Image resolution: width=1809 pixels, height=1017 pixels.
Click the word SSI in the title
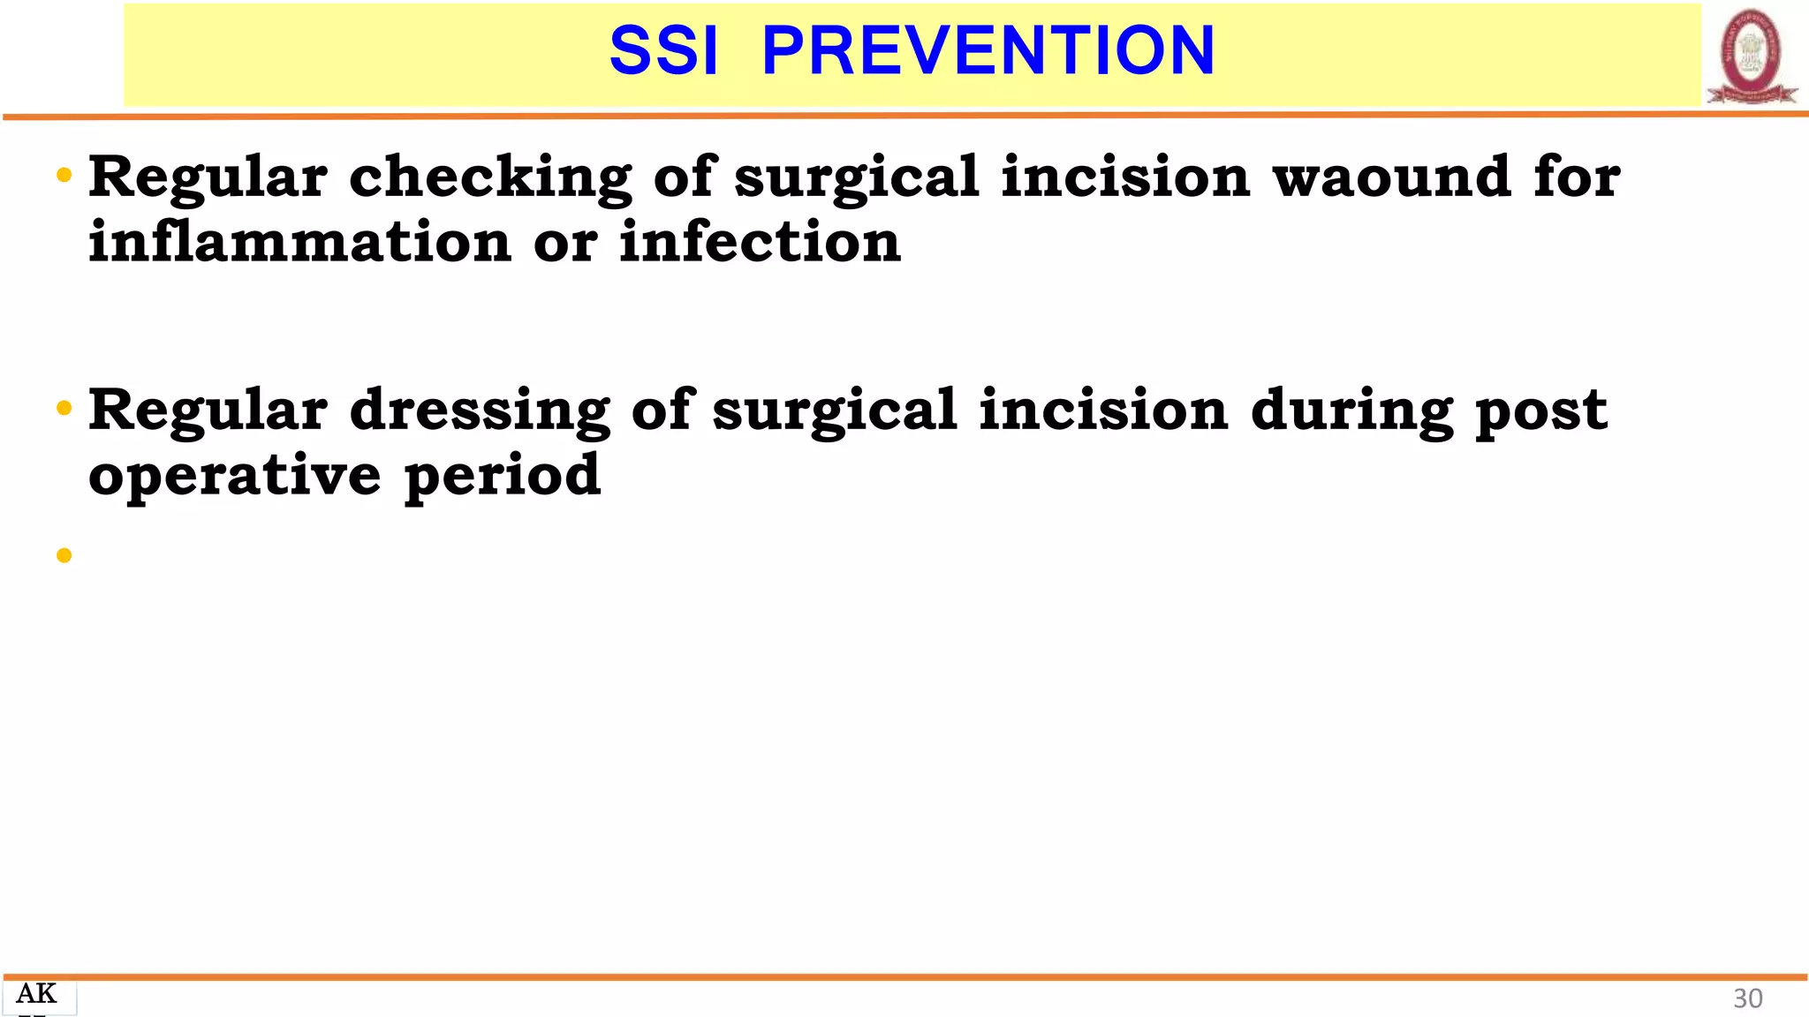[x=663, y=51]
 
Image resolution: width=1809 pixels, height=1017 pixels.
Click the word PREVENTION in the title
[x=988, y=51]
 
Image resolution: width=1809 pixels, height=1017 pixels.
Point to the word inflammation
[x=299, y=242]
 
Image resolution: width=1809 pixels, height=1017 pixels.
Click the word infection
[x=760, y=242]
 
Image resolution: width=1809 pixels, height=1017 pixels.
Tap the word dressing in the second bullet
[x=480, y=411]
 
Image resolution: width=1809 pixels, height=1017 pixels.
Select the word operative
[x=235, y=477]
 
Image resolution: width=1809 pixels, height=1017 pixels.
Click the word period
[x=503, y=477]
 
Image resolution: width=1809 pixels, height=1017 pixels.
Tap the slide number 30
[x=1747, y=998]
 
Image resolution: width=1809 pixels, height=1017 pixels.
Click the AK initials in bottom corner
[x=36, y=994]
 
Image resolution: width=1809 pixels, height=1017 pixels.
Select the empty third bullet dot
[x=64, y=555]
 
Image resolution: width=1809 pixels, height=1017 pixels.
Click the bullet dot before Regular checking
[x=64, y=176]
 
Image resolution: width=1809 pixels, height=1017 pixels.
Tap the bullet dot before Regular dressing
[x=64, y=409]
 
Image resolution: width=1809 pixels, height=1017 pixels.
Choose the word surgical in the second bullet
[x=835, y=411]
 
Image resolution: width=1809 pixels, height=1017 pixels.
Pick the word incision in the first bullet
[x=1125, y=177]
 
